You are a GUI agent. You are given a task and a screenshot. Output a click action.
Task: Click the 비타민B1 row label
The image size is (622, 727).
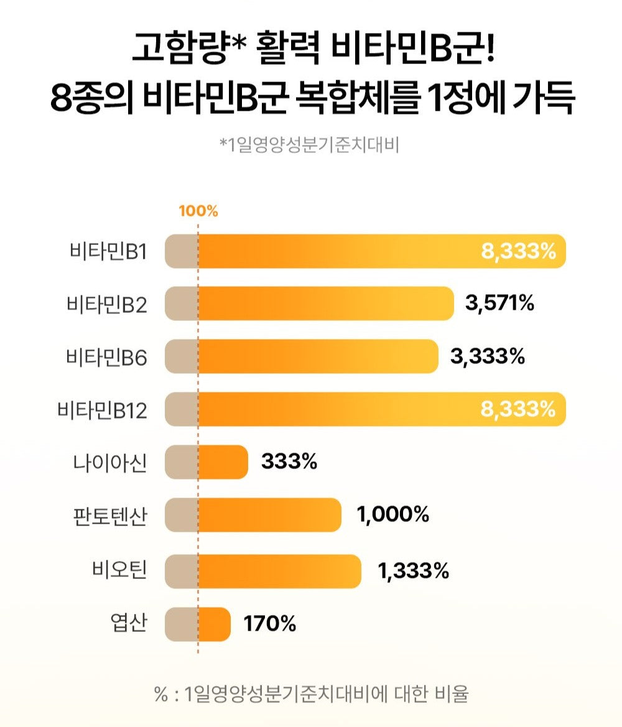[108, 252]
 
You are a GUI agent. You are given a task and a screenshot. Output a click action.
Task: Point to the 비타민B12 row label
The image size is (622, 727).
[102, 410]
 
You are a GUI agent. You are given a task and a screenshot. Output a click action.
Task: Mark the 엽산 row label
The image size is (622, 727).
[127, 623]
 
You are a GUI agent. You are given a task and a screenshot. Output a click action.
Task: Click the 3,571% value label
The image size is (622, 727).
[499, 303]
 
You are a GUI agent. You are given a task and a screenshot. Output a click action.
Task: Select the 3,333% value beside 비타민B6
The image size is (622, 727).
[487, 357]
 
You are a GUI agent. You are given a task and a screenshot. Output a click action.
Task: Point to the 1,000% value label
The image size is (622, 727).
[393, 515]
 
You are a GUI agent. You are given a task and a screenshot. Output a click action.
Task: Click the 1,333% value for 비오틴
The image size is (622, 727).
[414, 570]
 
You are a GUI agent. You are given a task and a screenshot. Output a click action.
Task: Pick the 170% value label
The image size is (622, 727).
[270, 623]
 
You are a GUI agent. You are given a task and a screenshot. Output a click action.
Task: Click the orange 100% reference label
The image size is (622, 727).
[198, 211]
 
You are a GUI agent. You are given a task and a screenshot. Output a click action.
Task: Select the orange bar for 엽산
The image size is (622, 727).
[214, 624]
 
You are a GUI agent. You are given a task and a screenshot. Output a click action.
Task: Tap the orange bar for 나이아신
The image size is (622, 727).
[223, 463]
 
